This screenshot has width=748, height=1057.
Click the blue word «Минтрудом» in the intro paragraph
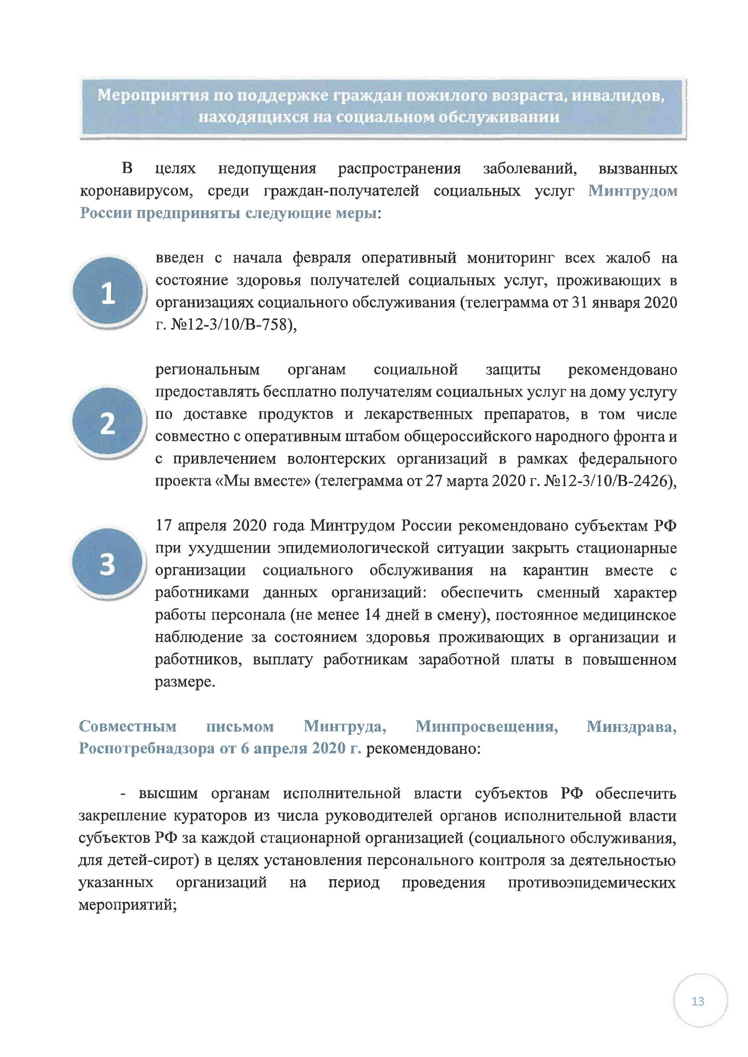point(632,191)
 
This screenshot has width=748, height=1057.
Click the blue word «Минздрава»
point(631,726)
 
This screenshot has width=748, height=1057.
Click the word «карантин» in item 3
point(556,570)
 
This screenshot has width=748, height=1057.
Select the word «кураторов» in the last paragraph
point(210,816)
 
